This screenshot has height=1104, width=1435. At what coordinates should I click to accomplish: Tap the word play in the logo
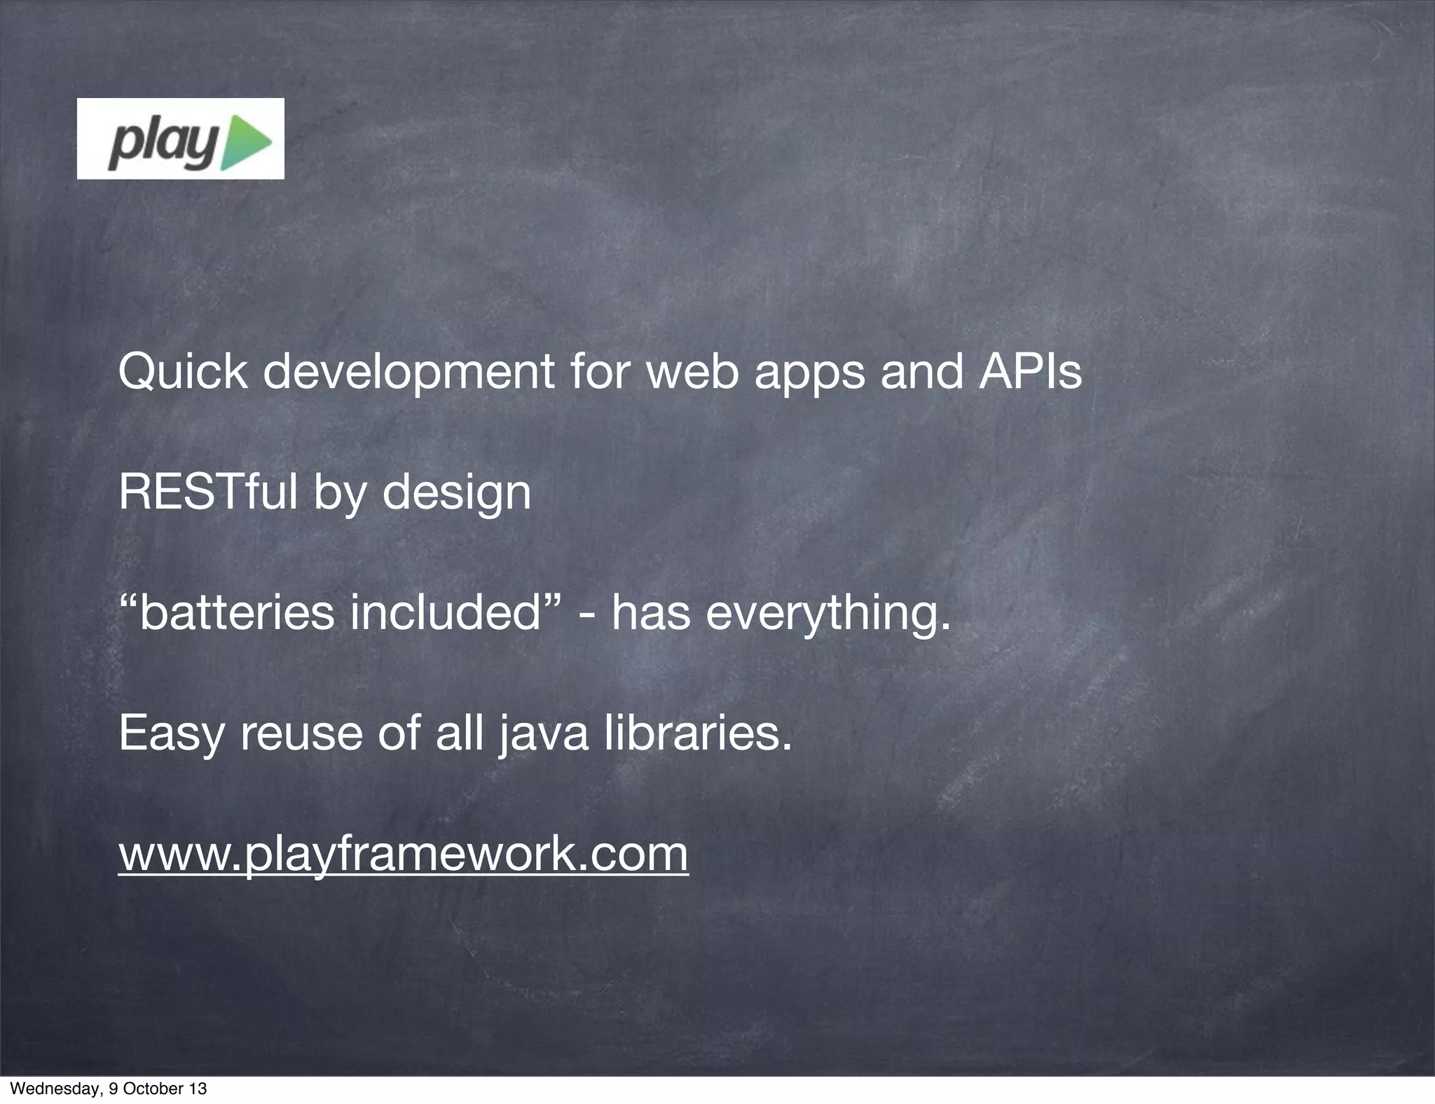tap(163, 144)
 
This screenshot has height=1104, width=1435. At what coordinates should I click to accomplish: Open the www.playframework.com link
tap(403, 855)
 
